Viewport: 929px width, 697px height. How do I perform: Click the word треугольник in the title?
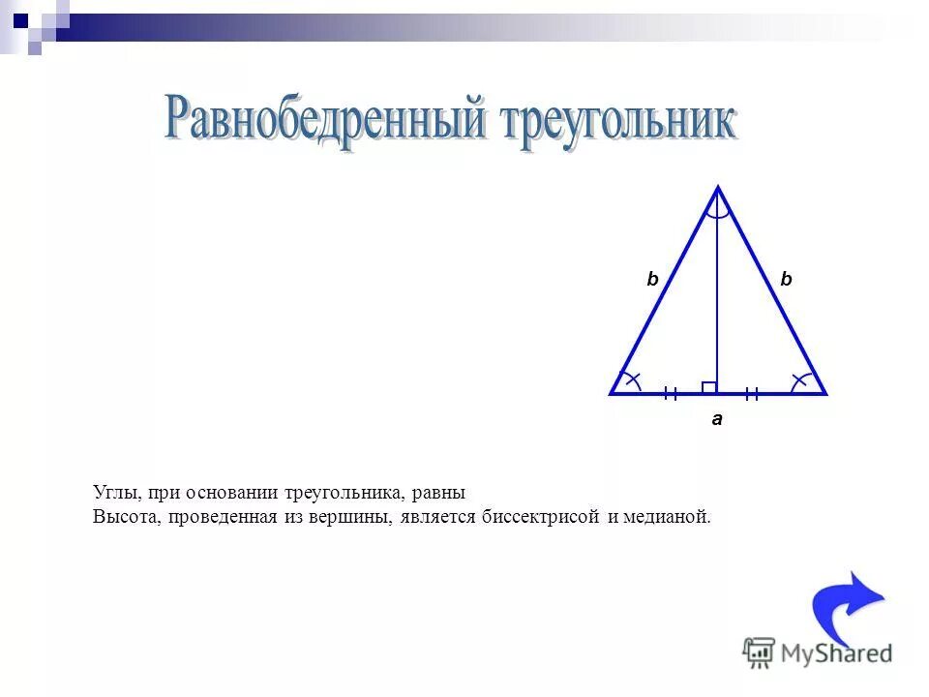pyautogui.click(x=617, y=124)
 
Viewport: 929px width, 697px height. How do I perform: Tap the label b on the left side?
pyautogui.click(x=652, y=279)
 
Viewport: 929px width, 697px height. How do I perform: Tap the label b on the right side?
pyautogui.click(x=786, y=279)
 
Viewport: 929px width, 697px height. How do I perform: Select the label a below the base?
pyautogui.click(x=717, y=420)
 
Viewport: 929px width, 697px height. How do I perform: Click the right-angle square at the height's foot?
pyautogui.click(x=709, y=387)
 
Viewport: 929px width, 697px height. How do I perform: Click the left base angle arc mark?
pyautogui.click(x=631, y=380)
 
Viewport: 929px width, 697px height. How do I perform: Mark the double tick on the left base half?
pyautogui.click(x=670, y=393)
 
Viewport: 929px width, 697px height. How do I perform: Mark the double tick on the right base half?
pyautogui.click(x=752, y=393)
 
